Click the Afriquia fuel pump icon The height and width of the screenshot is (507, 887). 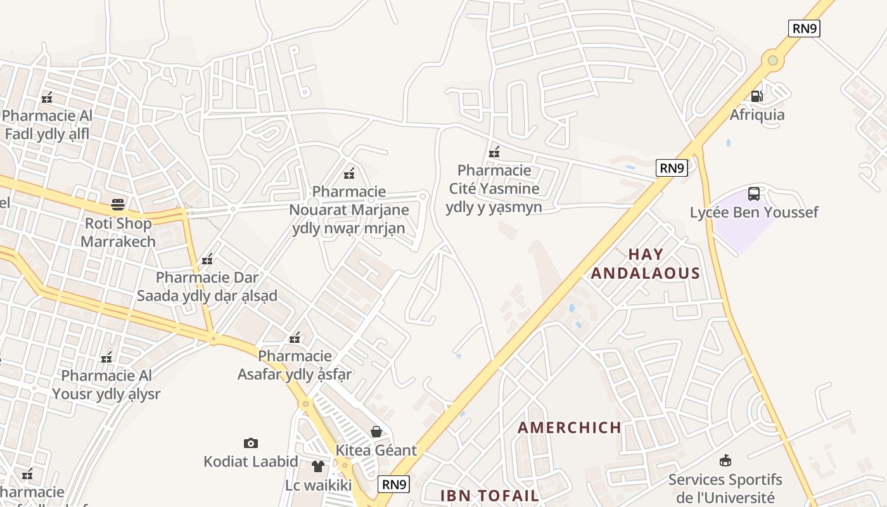(756, 96)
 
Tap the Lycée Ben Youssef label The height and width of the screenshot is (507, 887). (754, 212)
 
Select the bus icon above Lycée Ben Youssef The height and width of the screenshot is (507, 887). (754, 194)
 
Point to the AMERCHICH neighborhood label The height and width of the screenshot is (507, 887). (570, 428)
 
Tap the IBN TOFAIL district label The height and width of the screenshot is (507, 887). (490, 496)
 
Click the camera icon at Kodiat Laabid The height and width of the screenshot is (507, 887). (251, 443)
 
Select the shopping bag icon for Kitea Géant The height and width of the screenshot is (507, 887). (376, 432)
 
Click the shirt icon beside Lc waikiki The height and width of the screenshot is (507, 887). (318, 466)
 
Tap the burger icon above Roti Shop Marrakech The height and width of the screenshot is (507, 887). (118, 205)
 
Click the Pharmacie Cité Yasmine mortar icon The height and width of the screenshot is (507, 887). (494, 152)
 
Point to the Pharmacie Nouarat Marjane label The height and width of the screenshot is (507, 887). (349, 210)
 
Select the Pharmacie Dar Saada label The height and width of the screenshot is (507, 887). (207, 286)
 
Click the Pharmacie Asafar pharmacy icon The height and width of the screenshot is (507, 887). (295, 338)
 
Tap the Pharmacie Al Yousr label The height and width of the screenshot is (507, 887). (106, 385)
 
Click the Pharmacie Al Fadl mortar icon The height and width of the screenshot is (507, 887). (47, 98)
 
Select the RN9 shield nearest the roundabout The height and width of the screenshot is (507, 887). (804, 29)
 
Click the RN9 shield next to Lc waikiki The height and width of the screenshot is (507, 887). (394, 485)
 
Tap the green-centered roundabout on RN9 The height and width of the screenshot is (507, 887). (772, 60)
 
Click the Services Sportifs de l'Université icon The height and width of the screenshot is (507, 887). (725, 461)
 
